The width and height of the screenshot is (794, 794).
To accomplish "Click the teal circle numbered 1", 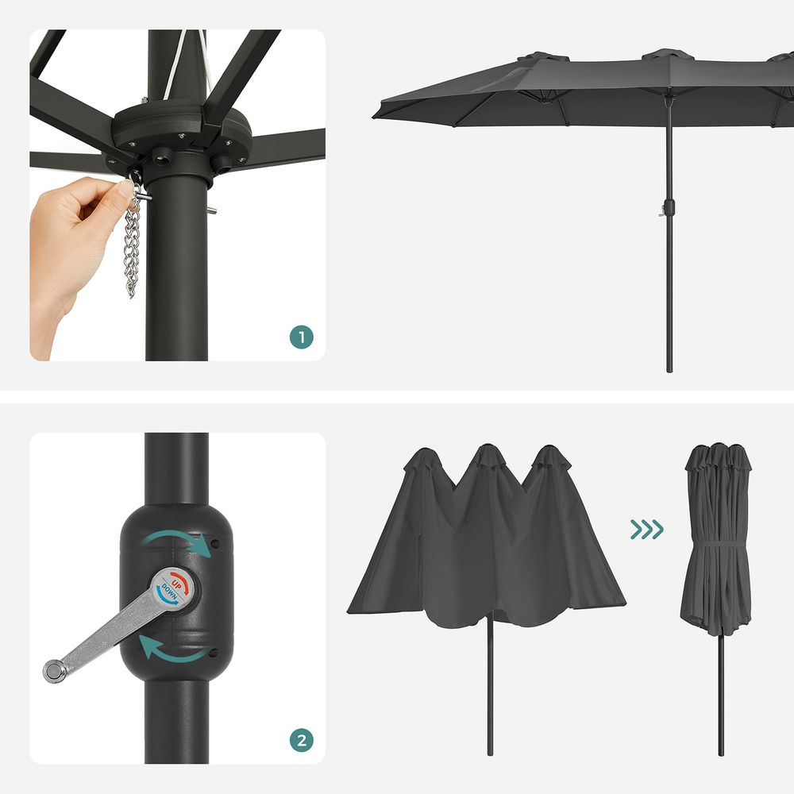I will tap(301, 337).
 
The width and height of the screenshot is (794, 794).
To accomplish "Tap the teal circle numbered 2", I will tap(301, 742).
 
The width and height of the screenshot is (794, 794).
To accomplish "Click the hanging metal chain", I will tap(132, 246).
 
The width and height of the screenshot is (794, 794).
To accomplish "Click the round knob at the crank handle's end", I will tap(54, 672).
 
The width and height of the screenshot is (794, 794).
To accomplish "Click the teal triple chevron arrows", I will tap(646, 529).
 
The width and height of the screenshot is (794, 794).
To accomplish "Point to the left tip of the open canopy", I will tap(376, 117).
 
